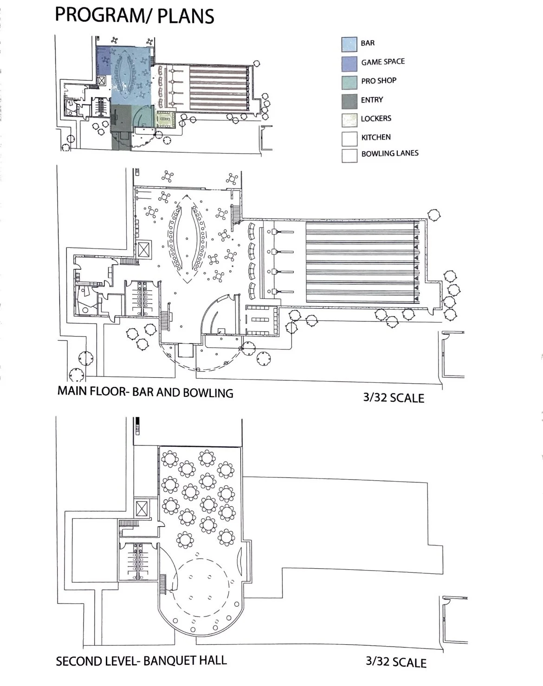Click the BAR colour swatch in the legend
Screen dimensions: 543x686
[x=349, y=44]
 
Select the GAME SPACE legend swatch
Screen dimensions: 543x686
[x=349, y=63]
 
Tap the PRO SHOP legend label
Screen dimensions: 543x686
[x=379, y=81]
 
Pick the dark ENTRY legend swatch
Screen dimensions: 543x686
[x=349, y=101]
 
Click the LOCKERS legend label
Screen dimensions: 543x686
[x=376, y=119]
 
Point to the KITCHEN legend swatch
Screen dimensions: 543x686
[x=349, y=138]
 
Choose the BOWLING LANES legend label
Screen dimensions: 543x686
[x=390, y=153]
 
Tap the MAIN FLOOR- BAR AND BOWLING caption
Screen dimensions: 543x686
[x=145, y=392]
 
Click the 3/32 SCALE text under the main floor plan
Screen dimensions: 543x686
[x=394, y=397]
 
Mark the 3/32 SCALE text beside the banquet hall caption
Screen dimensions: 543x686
[x=396, y=661]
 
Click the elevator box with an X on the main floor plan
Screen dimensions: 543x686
[x=145, y=250]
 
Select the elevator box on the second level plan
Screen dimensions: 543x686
[x=141, y=509]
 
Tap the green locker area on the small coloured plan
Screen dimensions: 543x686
[x=165, y=119]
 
